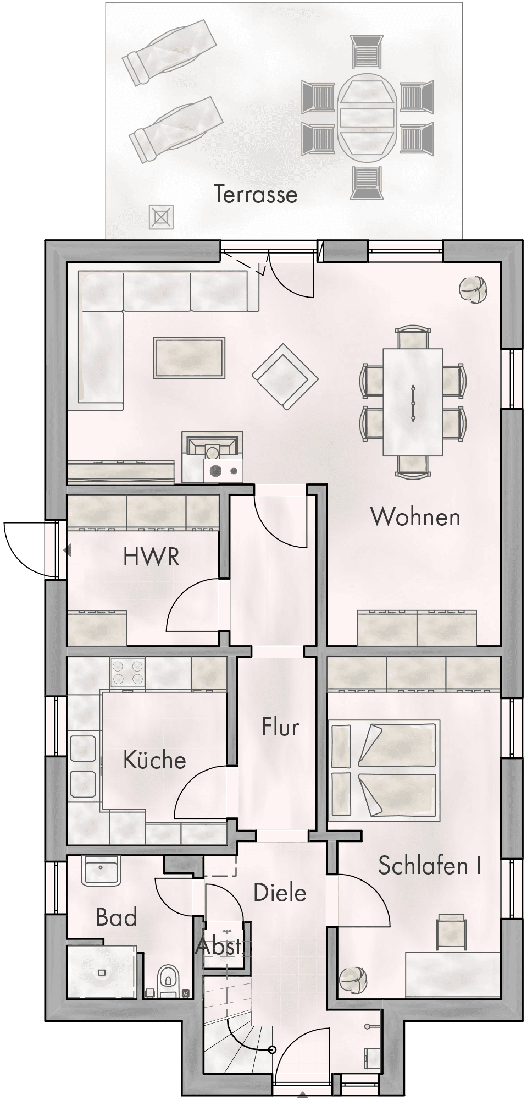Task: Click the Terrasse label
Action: [x=256, y=194]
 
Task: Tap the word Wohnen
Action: [x=415, y=516]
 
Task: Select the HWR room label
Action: [x=151, y=557]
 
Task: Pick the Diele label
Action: [x=280, y=892]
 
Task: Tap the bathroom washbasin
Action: [x=101, y=871]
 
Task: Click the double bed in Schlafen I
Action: [x=384, y=771]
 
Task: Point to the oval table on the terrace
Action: [x=367, y=116]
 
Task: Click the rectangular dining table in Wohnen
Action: [x=413, y=402]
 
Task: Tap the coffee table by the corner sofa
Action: [x=190, y=358]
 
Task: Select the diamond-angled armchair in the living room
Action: [x=285, y=377]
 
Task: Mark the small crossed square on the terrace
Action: [x=161, y=217]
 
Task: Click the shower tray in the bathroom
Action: [x=102, y=972]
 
